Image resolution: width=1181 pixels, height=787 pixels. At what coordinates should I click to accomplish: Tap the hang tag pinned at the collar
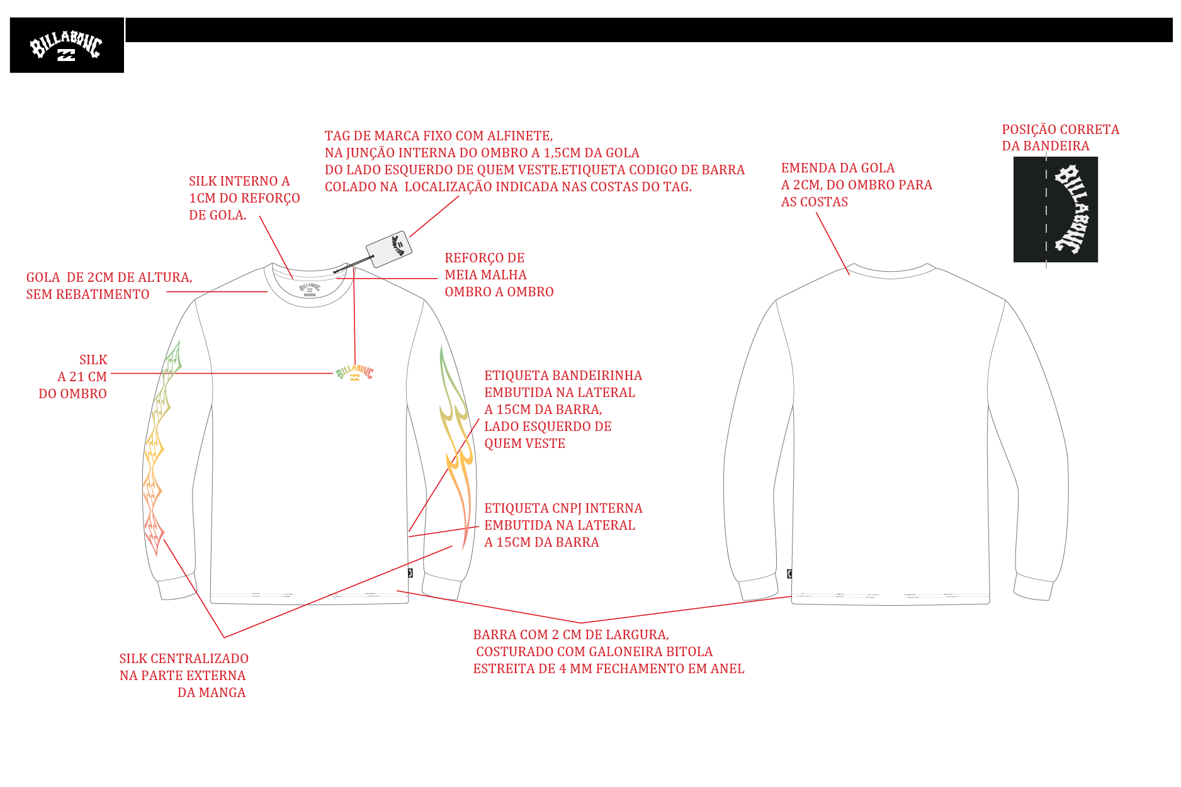(389, 249)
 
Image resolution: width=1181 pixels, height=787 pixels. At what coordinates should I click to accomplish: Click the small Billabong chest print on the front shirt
(355, 373)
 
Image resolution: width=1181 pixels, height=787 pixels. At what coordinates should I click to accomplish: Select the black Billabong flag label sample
(1055, 209)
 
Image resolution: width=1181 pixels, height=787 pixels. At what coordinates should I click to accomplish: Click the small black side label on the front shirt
(410, 573)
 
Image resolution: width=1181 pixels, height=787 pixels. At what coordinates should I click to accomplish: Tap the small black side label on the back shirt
(789, 574)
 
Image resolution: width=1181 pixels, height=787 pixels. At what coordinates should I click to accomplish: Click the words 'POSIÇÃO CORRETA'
(1061, 130)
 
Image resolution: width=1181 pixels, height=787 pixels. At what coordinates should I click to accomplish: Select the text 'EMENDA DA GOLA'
(838, 168)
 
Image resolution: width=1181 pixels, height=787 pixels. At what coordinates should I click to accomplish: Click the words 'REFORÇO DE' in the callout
(485, 258)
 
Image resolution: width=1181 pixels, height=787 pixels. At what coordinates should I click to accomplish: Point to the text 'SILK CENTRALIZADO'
(184, 659)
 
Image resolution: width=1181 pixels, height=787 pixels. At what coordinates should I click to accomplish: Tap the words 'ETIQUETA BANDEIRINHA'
(563, 376)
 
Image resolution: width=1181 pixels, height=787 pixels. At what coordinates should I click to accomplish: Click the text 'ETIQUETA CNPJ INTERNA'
(563, 508)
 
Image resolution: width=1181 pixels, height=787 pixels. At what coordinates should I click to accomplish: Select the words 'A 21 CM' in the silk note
(82, 377)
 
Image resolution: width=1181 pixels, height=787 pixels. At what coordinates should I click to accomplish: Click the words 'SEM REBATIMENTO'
(88, 294)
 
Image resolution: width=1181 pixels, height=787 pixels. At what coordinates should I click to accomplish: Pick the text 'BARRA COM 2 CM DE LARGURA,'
(571, 635)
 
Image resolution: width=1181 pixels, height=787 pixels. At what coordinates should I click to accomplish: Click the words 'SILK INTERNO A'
(239, 181)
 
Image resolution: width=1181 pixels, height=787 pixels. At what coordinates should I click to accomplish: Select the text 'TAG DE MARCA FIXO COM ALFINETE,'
(439, 136)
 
